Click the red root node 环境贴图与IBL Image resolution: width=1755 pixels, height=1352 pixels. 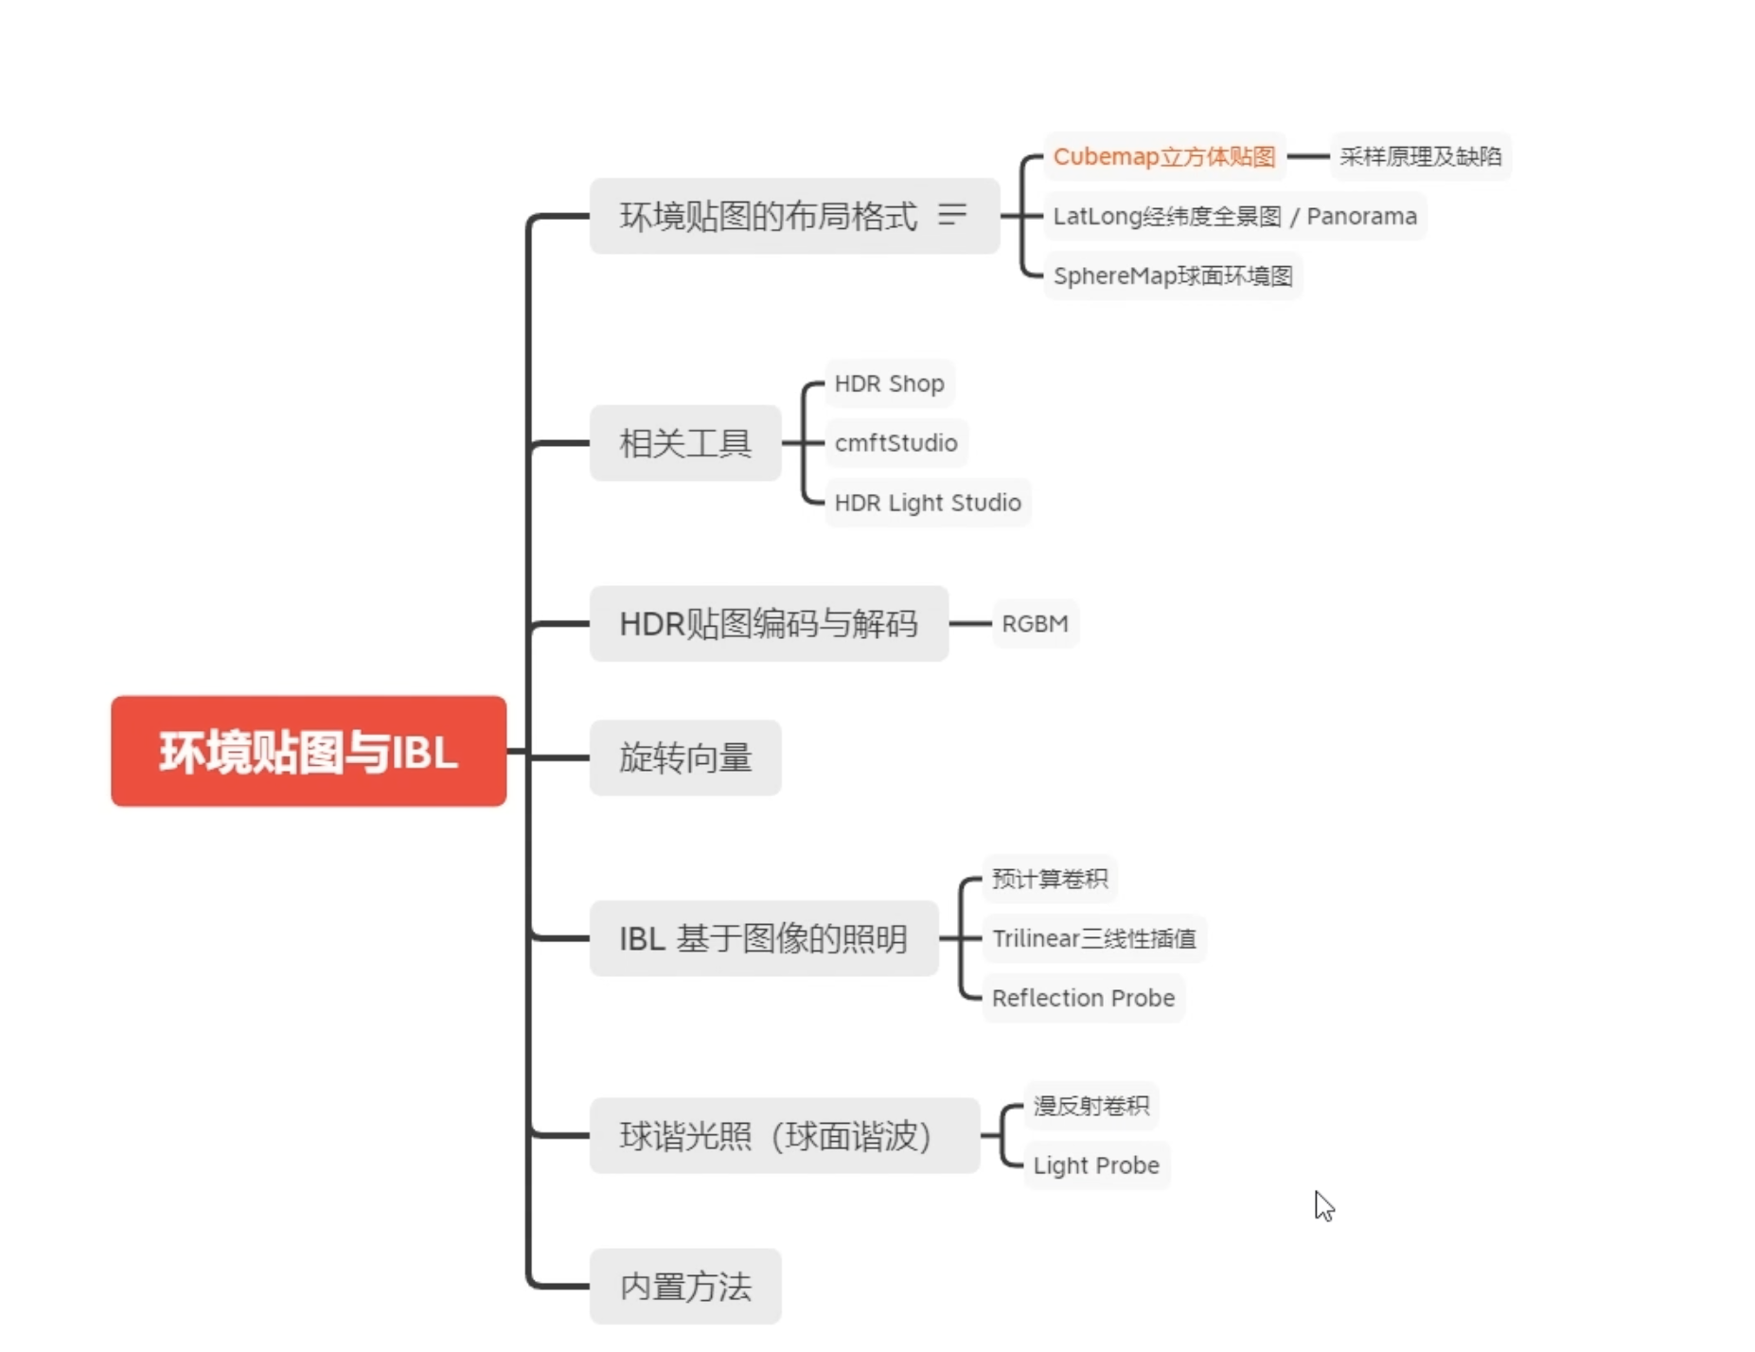[x=309, y=752]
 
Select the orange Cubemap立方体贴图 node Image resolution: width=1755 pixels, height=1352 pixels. [x=1163, y=157]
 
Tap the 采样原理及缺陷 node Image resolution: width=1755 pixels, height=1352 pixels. [x=1420, y=157]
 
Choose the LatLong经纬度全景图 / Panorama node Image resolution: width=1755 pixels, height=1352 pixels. [x=1234, y=217]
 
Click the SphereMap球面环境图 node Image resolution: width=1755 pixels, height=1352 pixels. [x=1172, y=276]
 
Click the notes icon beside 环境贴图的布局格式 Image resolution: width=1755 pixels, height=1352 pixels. [x=952, y=215]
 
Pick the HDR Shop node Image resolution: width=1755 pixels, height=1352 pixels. [x=889, y=383]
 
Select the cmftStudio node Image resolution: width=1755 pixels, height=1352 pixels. [x=895, y=443]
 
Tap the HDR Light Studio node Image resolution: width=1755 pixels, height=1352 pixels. [x=927, y=503]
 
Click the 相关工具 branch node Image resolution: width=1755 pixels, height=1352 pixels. [x=685, y=443]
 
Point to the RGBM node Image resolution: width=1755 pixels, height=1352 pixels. [x=1035, y=624]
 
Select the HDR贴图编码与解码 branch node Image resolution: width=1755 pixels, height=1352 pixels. [x=768, y=624]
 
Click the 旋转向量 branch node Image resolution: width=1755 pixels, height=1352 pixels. [x=685, y=758]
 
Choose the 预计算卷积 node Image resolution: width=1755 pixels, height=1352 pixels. [x=1049, y=879]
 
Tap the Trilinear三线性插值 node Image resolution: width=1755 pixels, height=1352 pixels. [x=1093, y=938]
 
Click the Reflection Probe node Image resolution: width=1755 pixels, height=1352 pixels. [x=1083, y=998]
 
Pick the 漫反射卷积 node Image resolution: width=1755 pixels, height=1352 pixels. [x=1090, y=1106]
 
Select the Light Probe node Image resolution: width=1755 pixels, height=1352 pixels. [x=1096, y=1165]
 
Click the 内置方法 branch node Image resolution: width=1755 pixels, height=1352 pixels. [x=685, y=1287]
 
